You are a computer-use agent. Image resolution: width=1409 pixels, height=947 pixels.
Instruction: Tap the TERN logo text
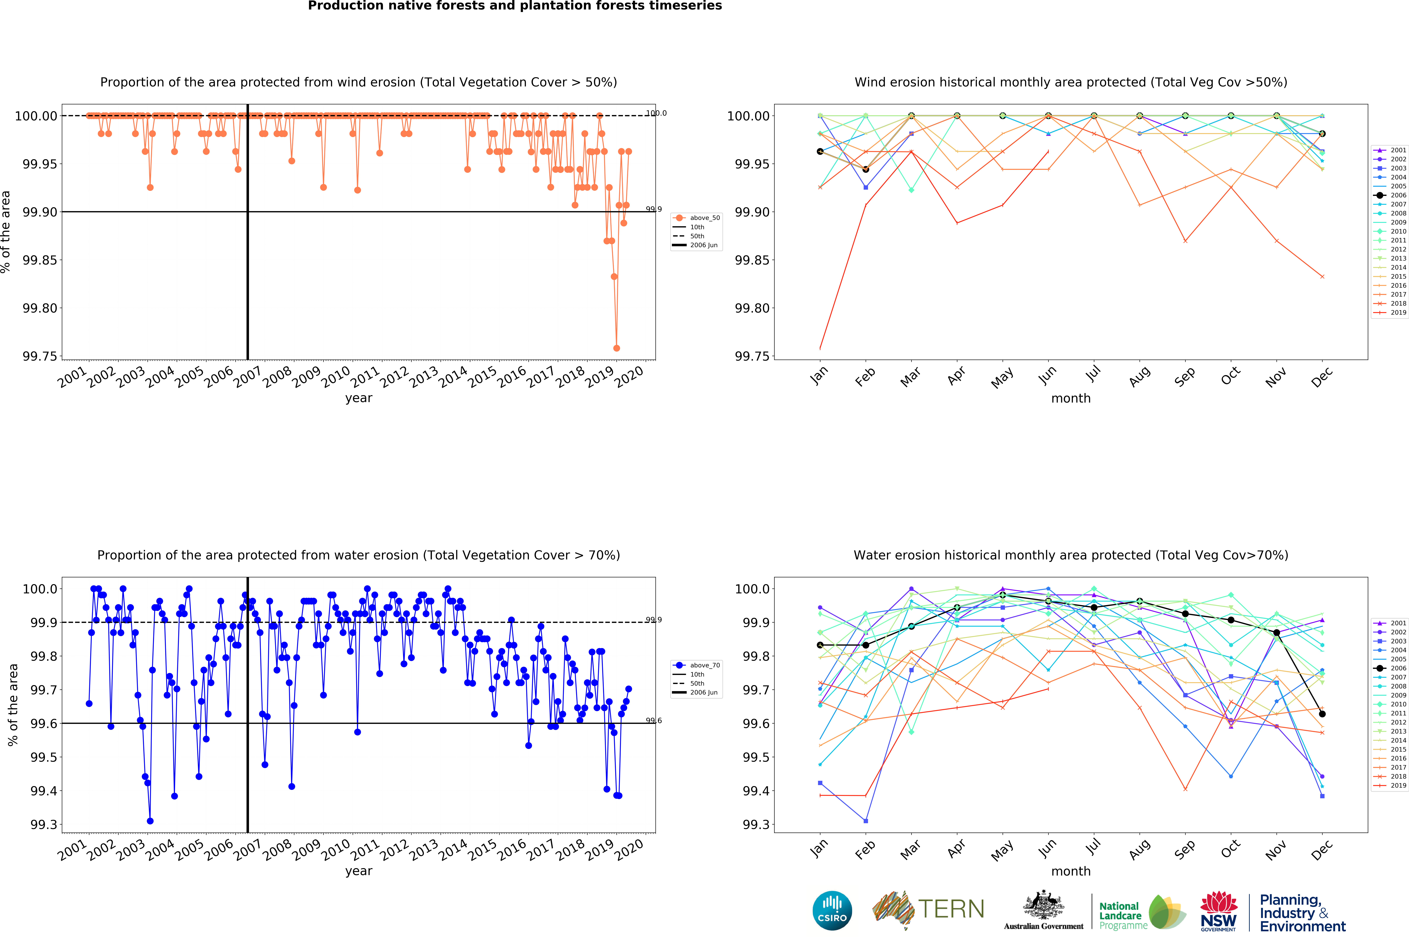pos(951,909)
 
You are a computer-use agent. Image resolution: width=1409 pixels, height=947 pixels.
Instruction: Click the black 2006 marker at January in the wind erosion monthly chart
pos(820,152)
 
